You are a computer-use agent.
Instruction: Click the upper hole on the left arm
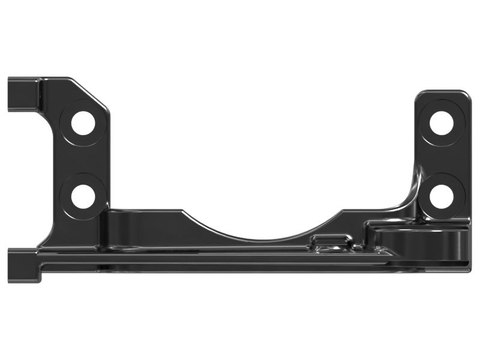pyautogui.click(x=83, y=123)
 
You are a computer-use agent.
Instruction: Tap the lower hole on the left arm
pyautogui.click(x=83, y=196)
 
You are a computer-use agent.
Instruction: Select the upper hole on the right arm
pyautogui.click(x=442, y=123)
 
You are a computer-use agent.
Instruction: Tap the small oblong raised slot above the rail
pyautogui.click(x=330, y=240)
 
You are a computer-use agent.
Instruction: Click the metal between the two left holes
pyautogui.click(x=83, y=160)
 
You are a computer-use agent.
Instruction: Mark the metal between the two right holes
pyautogui.click(x=442, y=160)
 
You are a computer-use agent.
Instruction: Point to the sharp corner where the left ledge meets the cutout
pyautogui.click(x=182, y=211)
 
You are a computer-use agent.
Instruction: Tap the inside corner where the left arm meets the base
pyautogui.click(x=109, y=209)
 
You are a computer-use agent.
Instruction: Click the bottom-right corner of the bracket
pyautogui.click(x=466, y=264)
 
